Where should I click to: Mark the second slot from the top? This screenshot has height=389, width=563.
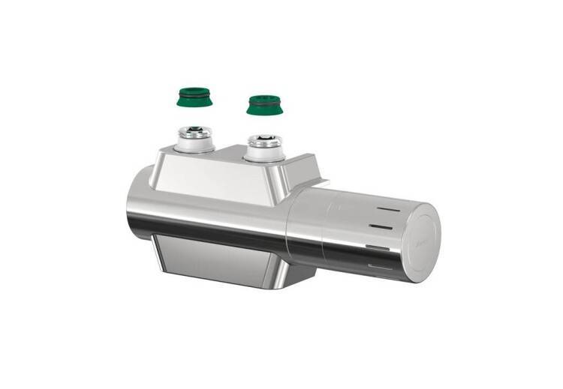point(387,226)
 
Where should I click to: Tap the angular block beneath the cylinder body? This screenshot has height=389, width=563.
point(225,259)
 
